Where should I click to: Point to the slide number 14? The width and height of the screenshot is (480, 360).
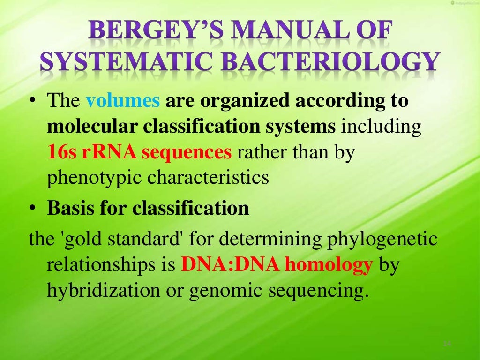[447, 345]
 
